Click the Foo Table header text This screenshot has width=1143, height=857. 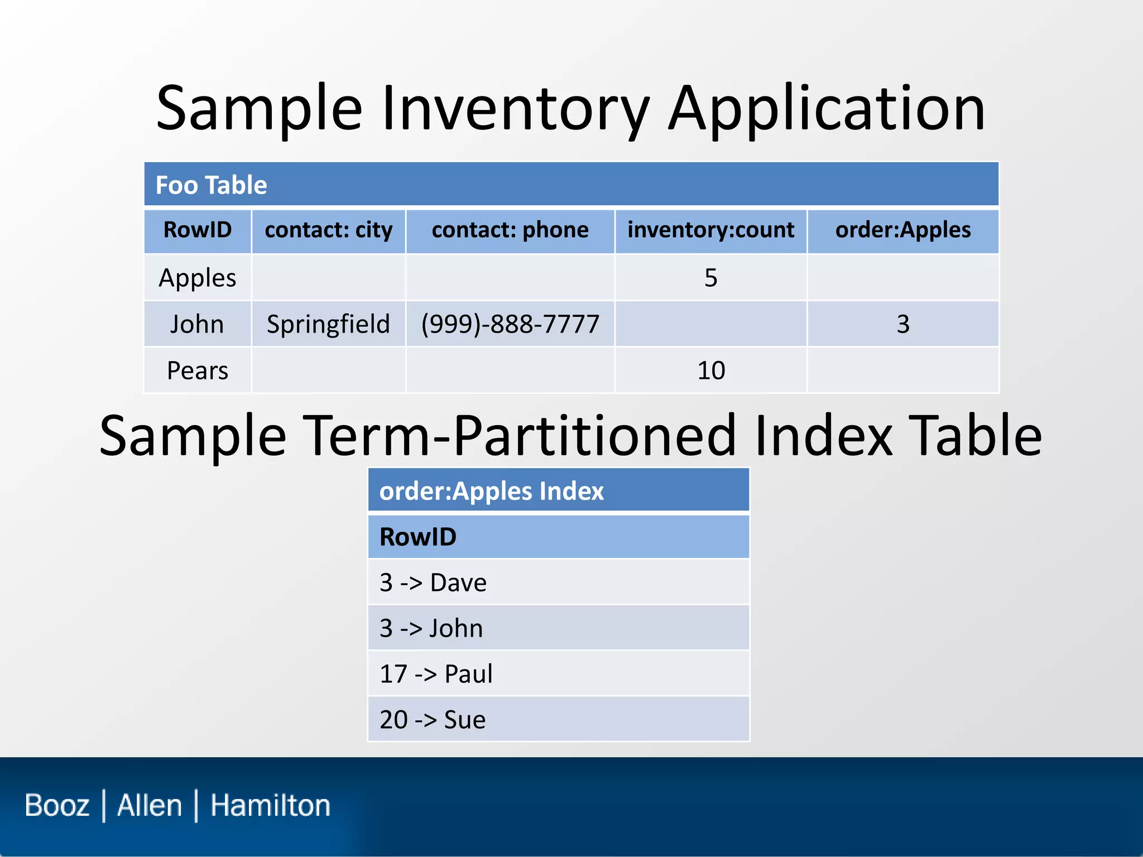[211, 185]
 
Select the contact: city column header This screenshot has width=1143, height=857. [328, 230]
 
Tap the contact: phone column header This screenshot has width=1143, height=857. [510, 230]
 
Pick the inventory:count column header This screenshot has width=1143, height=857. [710, 230]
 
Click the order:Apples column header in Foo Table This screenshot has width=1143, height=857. [902, 230]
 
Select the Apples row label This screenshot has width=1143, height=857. [197, 278]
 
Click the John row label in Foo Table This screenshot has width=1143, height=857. [197, 324]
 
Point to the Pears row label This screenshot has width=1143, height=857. [197, 370]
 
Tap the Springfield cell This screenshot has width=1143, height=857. [328, 324]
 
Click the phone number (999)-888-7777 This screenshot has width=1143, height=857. [510, 324]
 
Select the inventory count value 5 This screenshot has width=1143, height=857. [710, 278]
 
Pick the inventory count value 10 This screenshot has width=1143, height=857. [710, 370]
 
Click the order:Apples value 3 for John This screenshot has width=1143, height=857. [902, 324]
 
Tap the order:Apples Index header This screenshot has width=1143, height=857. [491, 491]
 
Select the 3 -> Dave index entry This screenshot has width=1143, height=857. [433, 582]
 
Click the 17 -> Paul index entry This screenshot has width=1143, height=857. [436, 674]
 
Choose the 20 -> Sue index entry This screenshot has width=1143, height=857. [433, 720]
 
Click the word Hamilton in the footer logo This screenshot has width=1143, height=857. [270, 806]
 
